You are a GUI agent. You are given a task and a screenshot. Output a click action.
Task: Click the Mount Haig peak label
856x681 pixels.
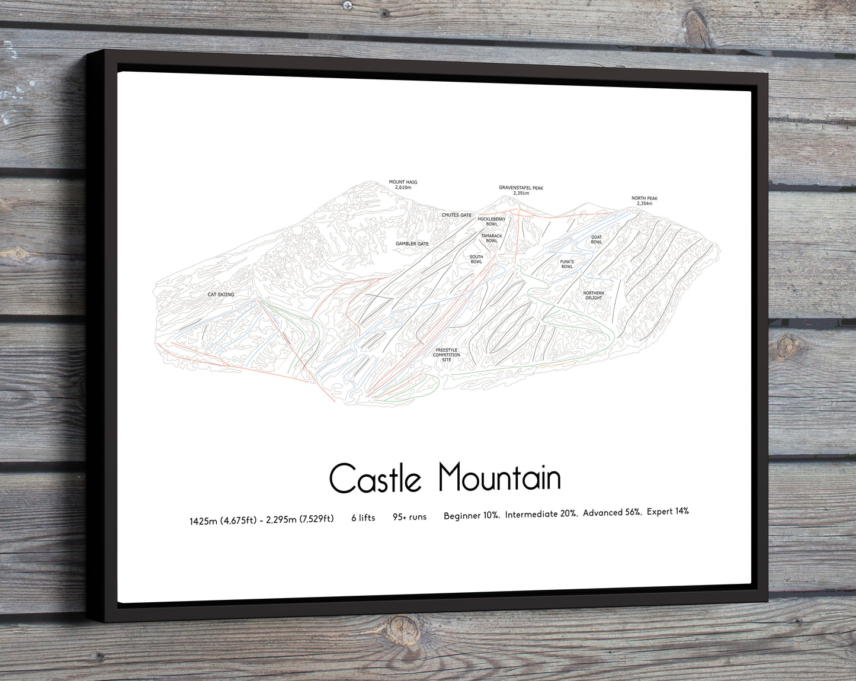pyautogui.click(x=403, y=185)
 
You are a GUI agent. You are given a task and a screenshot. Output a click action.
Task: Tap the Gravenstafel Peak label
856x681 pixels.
pyautogui.click(x=521, y=190)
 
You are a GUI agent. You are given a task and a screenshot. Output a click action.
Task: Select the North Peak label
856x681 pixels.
pyautogui.click(x=644, y=201)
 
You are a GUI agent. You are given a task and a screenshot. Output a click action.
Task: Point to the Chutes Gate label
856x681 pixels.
pyautogui.click(x=457, y=215)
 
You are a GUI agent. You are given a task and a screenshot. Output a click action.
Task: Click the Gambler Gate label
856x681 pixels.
pyautogui.click(x=412, y=244)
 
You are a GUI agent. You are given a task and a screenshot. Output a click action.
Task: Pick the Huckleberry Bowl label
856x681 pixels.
pyautogui.click(x=492, y=221)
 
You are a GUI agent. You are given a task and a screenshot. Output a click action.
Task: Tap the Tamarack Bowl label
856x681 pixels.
pyautogui.click(x=492, y=238)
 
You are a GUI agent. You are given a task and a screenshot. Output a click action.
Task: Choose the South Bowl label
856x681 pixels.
pyautogui.click(x=476, y=259)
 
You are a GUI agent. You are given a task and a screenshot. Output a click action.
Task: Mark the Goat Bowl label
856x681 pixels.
pyautogui.click(x=596, y=239)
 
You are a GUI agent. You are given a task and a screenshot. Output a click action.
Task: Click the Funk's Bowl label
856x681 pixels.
pyautogui.click(x=567, y=264)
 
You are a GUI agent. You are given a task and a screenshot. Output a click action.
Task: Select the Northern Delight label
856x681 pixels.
pyautogui.click(x=593, y=295)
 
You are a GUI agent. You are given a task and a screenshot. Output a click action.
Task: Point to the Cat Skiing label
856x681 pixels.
pyautogui.click(x=220, y=294)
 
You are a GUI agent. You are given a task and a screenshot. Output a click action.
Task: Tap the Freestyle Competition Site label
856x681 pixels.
pyautogui.click(x=447, y=355)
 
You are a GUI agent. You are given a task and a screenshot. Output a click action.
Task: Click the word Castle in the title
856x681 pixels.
pyautogui.click(x=375, y=478)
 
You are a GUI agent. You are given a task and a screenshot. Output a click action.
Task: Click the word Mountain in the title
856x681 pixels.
pyautogui.click(x=499, y=477)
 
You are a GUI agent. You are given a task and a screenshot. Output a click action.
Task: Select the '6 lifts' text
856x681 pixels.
pyautogui.click(x=363, y=518)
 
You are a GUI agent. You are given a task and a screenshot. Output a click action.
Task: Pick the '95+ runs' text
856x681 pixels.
pyautogui.click(x=409, y=517)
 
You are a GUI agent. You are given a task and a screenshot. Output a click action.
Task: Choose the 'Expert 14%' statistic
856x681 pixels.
pyautogui.click(x=668, y=511)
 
